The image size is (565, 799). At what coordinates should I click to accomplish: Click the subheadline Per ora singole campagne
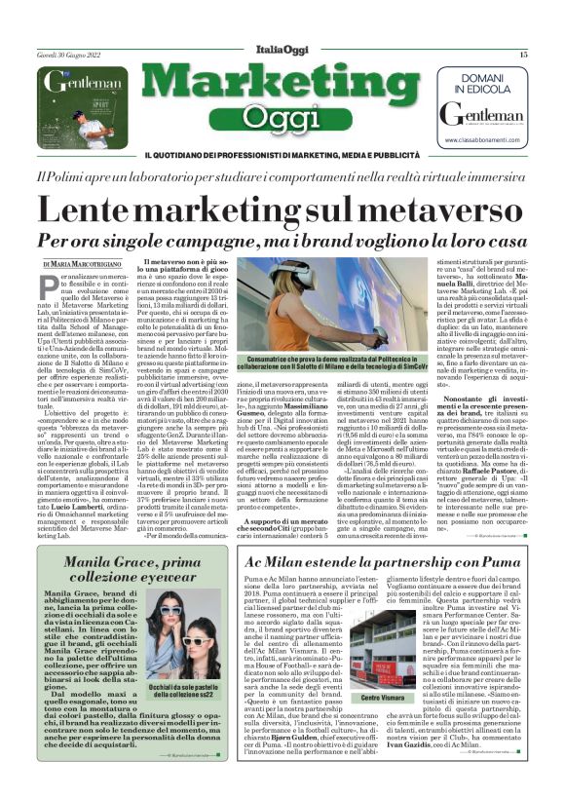(282, 240)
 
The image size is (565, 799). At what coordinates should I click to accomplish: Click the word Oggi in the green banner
(282, 120)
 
